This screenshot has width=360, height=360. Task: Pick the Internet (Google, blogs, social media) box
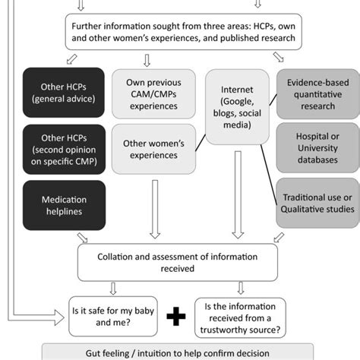click(237, 106)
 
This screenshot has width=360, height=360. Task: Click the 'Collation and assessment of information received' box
click(180, 261)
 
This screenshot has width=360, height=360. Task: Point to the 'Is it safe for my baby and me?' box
click(112, 314)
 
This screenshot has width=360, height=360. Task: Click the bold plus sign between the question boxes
click(176, 316)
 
